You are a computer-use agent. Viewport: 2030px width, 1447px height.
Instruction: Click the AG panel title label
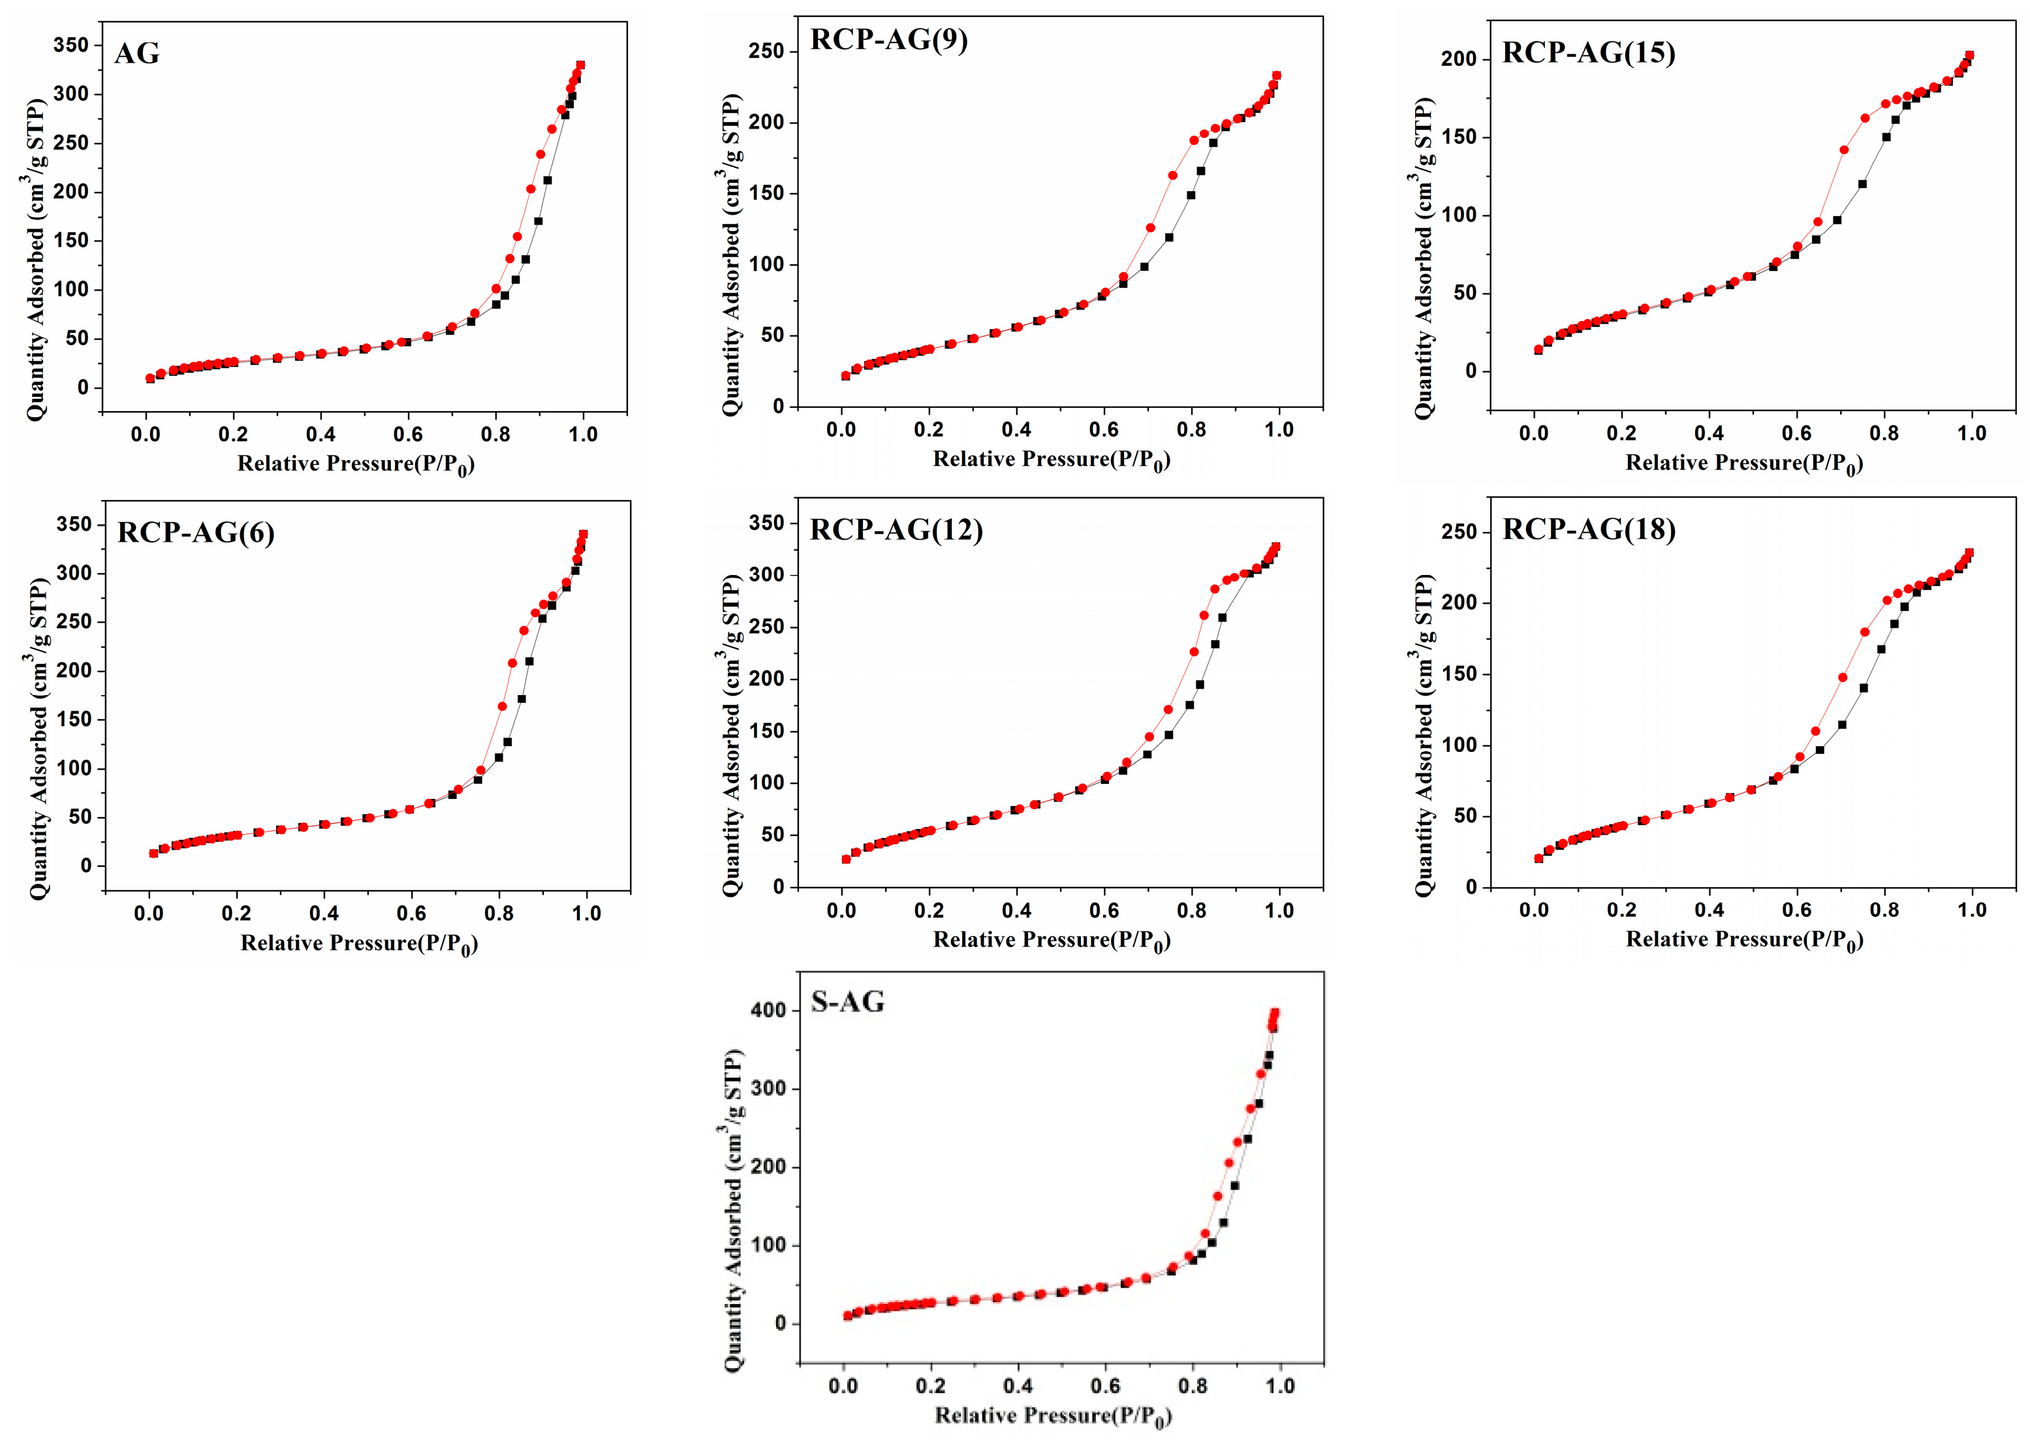click(137, 54)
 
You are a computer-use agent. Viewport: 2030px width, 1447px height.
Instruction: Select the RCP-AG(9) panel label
click(888, 40)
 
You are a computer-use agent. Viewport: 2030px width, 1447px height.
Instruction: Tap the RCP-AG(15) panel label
click(1588, 53)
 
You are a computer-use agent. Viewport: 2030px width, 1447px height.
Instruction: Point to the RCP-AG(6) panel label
click(195, 533)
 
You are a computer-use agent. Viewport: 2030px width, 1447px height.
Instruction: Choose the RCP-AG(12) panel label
click(896, 530)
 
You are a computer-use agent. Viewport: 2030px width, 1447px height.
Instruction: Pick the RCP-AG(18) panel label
click(1588, 529)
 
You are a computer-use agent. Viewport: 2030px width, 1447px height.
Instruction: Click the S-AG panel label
click(847, 1003)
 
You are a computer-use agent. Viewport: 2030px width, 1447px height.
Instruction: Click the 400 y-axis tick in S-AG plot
click(768, 1010)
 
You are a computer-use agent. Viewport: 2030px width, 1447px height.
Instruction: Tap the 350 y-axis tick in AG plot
click(71, 46)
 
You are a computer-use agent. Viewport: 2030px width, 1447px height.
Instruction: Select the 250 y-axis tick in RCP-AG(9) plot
click(766, 52)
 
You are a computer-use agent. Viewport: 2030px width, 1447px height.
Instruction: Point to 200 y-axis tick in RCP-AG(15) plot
click(1459, 59)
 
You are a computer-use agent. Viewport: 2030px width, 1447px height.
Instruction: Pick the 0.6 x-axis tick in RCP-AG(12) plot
click(1104, 910)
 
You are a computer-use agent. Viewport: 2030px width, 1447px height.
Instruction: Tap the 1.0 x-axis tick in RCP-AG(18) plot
click(1972, 910)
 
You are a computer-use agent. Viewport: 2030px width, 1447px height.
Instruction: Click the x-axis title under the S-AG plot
click(1052, 1416)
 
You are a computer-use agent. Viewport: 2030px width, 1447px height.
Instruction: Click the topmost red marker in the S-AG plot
click(1275, 1013)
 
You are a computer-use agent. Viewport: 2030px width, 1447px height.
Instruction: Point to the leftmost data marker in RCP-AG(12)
click(846, 859)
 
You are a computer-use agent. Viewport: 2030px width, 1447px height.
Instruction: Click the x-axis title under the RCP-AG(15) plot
click(1744, 463)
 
